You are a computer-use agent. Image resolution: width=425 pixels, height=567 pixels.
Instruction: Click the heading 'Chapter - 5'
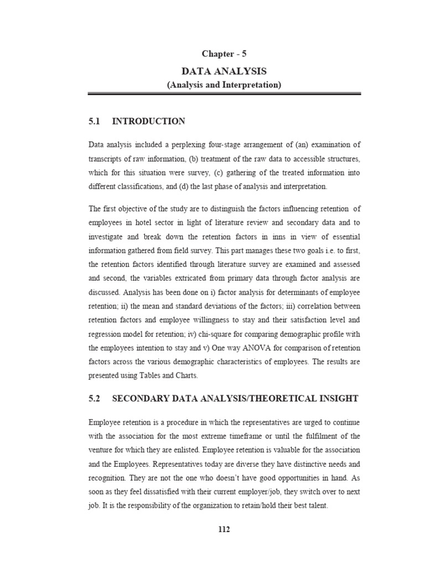pyautogui.click(x=224, y=54)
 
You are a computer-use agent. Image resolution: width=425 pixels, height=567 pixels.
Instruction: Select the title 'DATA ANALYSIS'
pyautogui.click(x=224, y=71)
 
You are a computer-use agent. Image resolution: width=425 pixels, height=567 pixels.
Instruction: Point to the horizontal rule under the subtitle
pyautogui.click(x=224, y=95)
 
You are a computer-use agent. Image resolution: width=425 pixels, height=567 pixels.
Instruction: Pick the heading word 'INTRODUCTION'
pyautogui.click(x=148, y=121)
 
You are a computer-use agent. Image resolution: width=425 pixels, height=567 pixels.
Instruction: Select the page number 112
pyautogui.click(x=224, y=529)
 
